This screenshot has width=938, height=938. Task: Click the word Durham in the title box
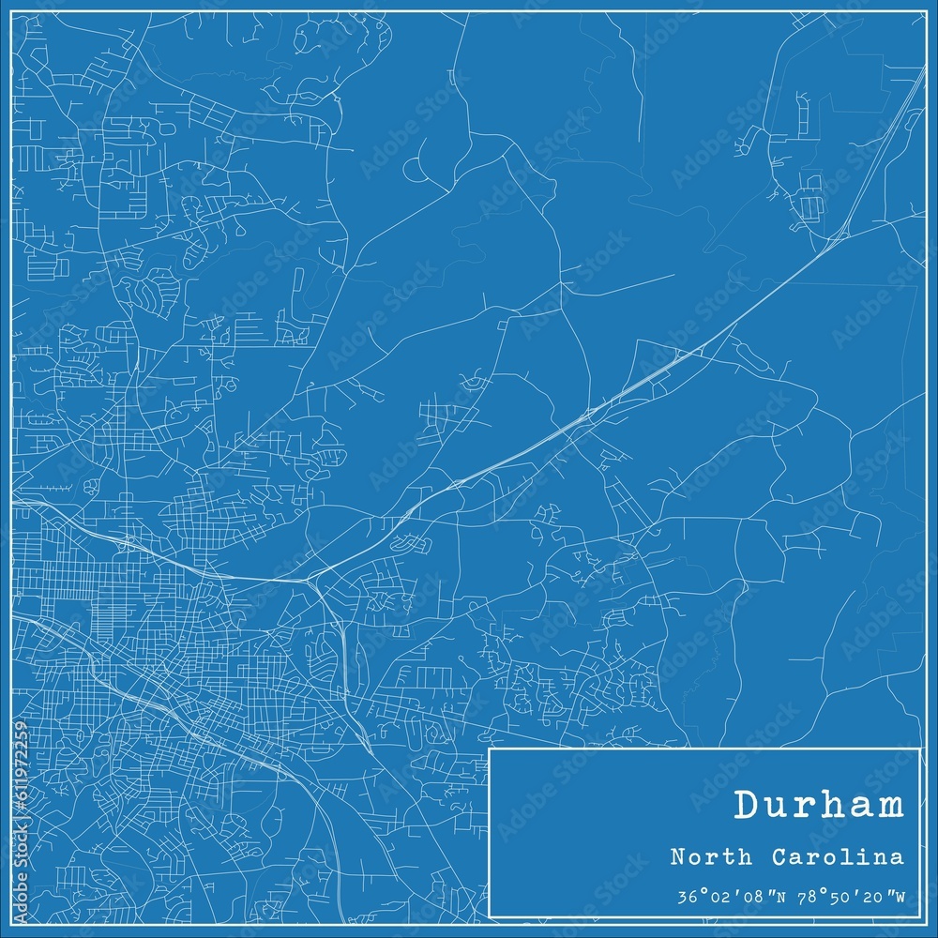click(x=820, y=806)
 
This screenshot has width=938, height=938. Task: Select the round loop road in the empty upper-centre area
click(x=416, y=169)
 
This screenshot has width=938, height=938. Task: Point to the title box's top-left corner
click(x=491, y=749)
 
